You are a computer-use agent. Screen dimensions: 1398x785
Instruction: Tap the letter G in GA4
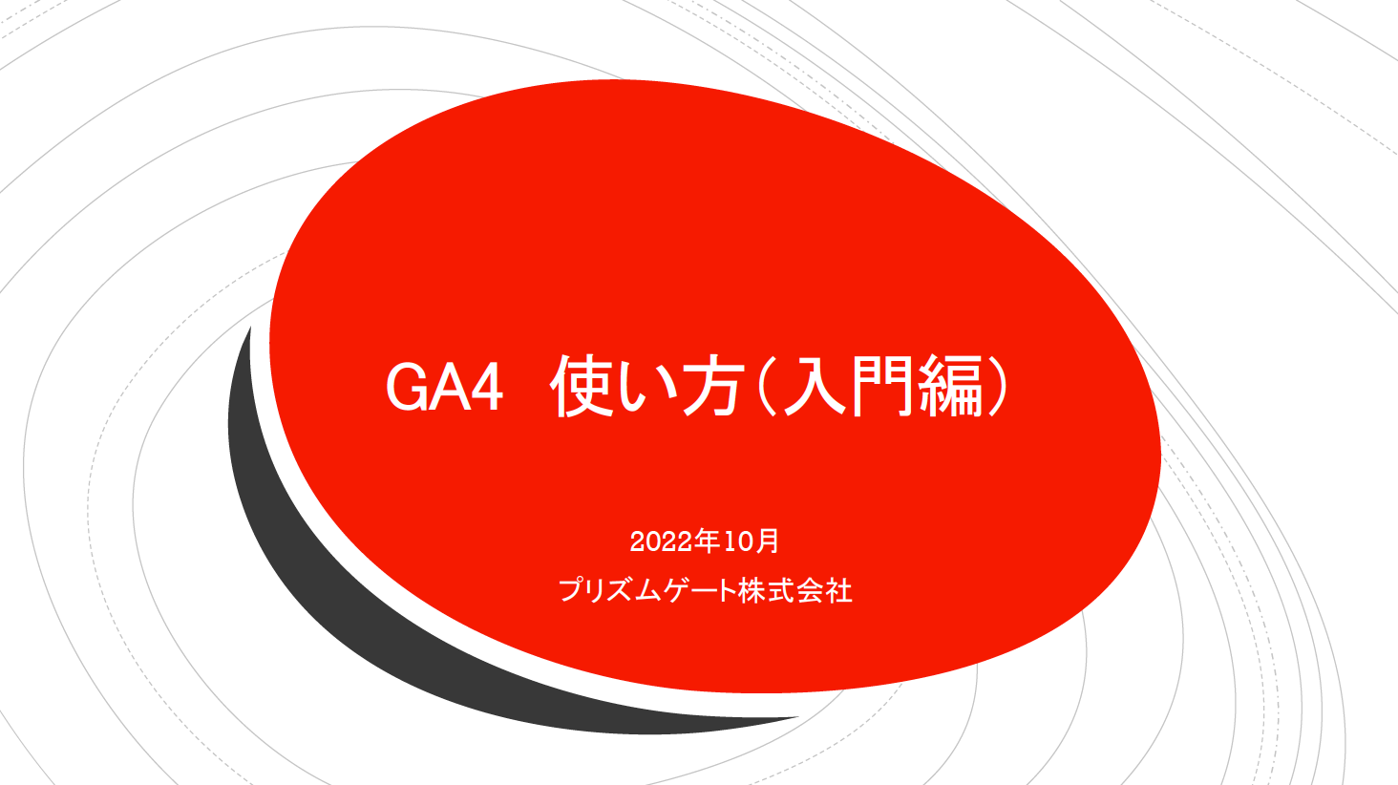[407, 388]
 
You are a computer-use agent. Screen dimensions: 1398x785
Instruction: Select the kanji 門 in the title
[881, 386]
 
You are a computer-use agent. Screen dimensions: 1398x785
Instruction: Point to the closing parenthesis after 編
[997, 386]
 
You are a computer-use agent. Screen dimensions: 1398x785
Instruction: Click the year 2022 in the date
[662, 541]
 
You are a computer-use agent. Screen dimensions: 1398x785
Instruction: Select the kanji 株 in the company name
[752, 589]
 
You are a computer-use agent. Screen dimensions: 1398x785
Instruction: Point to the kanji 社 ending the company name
[838, 589]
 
